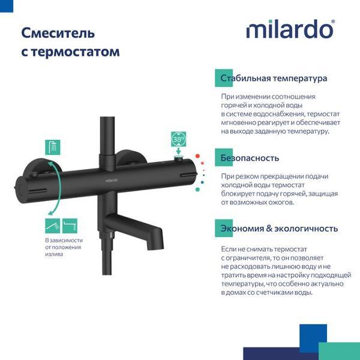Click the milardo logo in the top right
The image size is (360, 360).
pyautogui.click(x=290, y=29)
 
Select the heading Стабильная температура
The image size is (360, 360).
pyautogui.click(x=273, y=79)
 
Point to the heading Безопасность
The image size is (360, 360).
pyautogui.click(x=250, y=158)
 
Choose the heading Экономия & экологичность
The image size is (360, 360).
pyautogui.click(x=278, y=229)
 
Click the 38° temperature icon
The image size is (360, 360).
pyautogui.click(x=179, y=139)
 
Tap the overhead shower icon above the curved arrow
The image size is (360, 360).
pyautogui.click(x=52, y=146)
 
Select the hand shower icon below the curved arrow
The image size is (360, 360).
pyautogui.click(x=52, y=226)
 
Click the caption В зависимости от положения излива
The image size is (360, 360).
pyautogui.click(x=63, y=247)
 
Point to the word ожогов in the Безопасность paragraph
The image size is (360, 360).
pyautogui.click(x=280, y=202)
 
